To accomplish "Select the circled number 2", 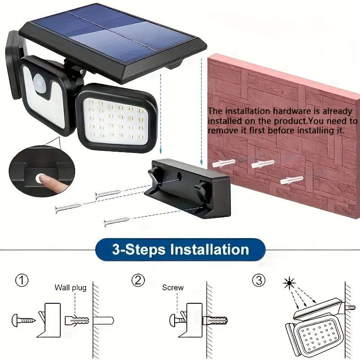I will [138, 280].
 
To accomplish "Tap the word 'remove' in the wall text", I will [221, 131].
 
